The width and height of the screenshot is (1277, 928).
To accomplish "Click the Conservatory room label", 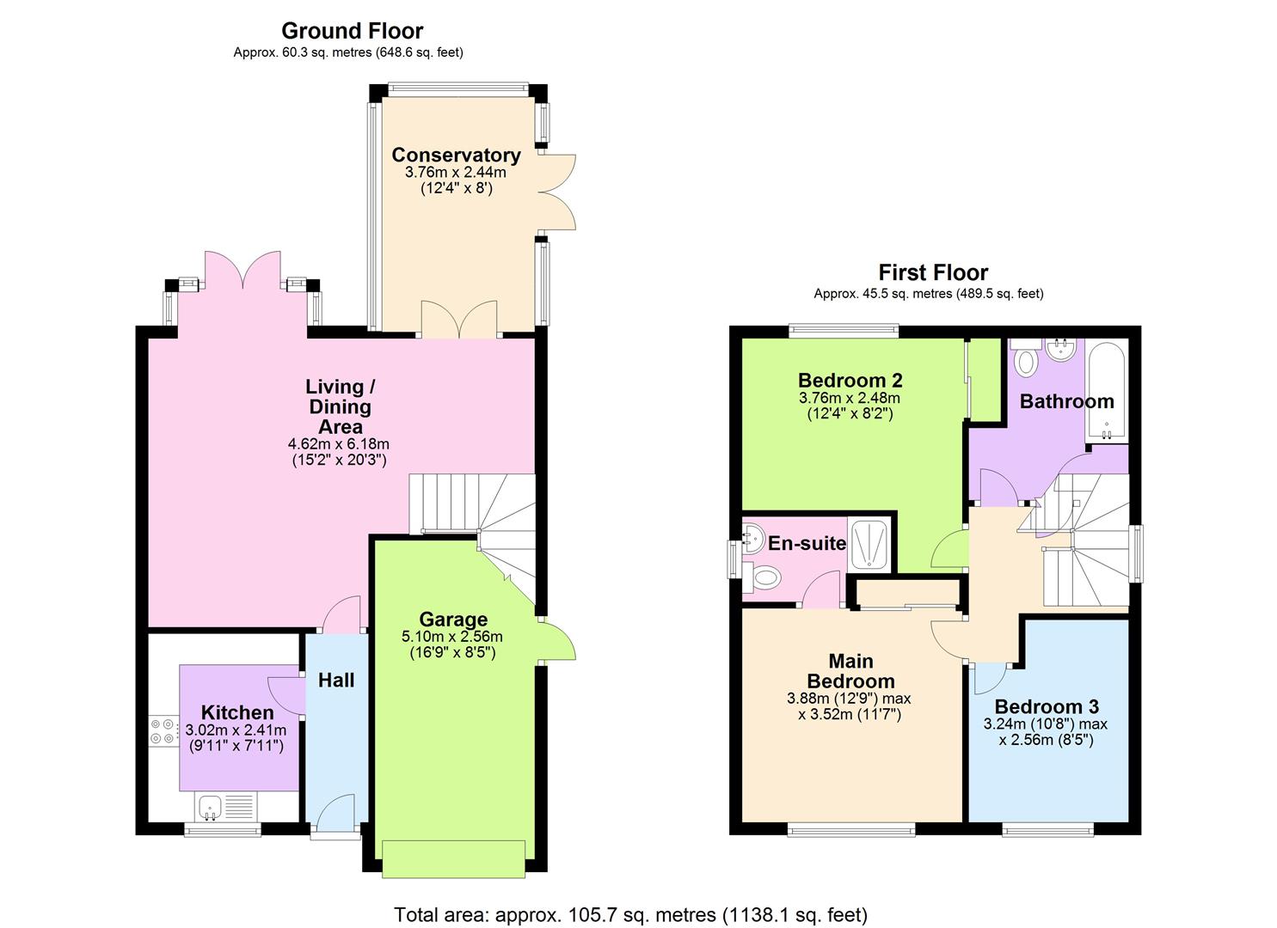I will click(456, 155).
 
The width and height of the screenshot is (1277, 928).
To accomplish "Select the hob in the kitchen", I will click(162, 730).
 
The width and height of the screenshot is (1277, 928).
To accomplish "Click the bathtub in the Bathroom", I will click(1106, 391).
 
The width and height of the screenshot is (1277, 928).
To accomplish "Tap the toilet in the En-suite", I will click(762, 577).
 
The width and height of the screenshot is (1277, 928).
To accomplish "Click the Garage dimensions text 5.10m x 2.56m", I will click(452, 637).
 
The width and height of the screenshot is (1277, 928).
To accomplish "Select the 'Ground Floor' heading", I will click(352, 31).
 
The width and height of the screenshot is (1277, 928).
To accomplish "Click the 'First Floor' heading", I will click(933, 273).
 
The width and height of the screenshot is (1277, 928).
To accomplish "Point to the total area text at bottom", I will click(630, 914).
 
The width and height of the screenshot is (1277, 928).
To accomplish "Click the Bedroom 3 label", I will click(1047, 707).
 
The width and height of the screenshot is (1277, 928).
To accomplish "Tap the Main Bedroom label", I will click(850, 671).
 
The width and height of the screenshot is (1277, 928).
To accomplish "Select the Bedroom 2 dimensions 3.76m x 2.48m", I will click(849, 398).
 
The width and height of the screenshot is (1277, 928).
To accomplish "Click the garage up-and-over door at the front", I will click(453, 858).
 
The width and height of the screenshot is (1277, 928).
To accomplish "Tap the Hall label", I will click(336, 681).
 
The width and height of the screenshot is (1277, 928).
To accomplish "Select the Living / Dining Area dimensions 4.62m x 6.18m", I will click(339, 444).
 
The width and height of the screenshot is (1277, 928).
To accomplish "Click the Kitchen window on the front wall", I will click(223, 830).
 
